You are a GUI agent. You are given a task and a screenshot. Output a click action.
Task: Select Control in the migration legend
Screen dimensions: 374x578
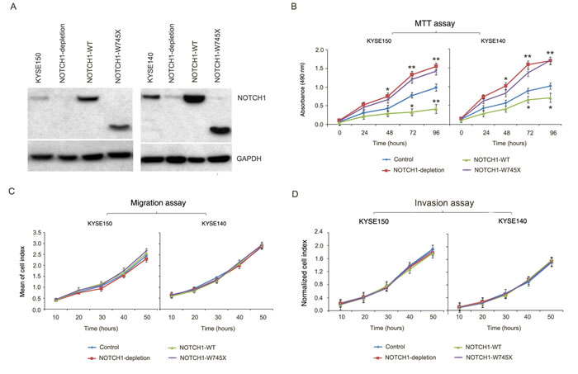tap(98, 349)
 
